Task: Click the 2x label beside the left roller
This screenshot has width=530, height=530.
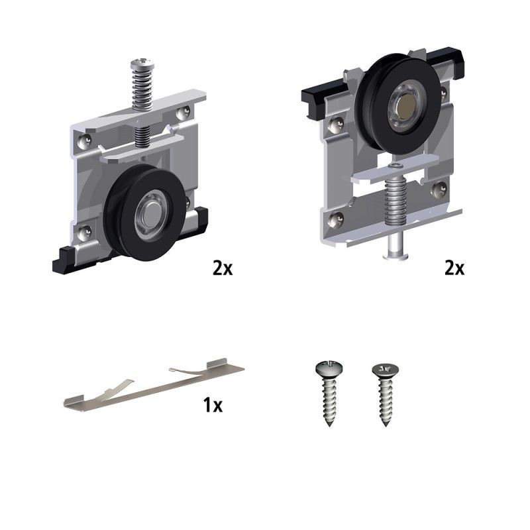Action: coord(223,268)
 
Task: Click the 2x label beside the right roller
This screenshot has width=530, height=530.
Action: coord(454,268)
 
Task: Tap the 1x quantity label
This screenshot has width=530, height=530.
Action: coord(213,405)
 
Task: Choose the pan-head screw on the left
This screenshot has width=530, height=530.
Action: coord(329,393)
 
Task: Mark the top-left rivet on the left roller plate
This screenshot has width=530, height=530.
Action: coord(85,140)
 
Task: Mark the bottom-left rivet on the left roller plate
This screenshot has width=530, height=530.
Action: coord(85,233)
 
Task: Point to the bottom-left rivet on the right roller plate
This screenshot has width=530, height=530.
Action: coord(337,219)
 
